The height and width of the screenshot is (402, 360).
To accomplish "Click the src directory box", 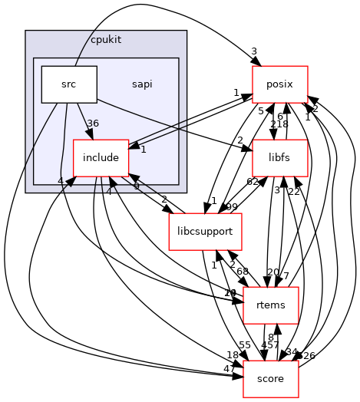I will [68, 84].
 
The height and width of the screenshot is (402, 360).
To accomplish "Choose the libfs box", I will [280, 158].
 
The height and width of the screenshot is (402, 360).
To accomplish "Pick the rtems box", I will [264, 305].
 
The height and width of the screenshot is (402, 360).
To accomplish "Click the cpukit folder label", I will [106, 39].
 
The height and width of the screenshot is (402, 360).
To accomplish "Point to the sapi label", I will [141, 84].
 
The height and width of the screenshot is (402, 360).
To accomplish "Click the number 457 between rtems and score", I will [271, 344].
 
